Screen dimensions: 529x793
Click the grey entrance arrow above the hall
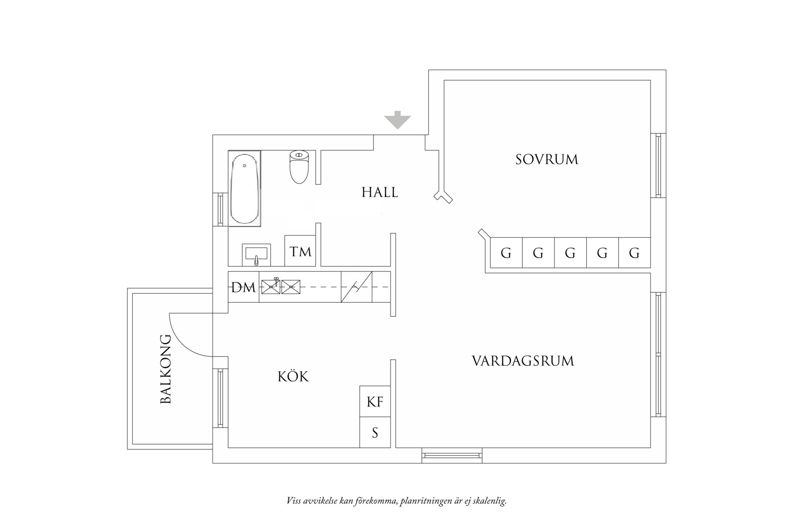(397, 120)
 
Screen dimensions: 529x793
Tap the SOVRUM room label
(547, 160)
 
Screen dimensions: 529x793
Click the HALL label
(380, 193)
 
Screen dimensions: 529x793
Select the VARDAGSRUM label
(523, 361)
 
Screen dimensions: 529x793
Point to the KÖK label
(293, 377)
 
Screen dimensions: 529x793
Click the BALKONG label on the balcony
(166, 369)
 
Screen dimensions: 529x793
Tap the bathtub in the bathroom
(244, 189)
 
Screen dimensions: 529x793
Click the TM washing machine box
(300, 252)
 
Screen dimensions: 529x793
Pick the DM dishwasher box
(243, 287)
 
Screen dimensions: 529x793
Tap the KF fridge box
(375, 402)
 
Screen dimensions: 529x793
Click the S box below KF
(375, 432)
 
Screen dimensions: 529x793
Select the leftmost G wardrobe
(506, 253)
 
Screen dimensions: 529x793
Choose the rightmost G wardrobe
(634, 253)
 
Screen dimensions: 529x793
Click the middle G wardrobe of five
(570, 253)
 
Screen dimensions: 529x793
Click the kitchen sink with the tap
(271, 287)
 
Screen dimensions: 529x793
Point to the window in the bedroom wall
(658, 165)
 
